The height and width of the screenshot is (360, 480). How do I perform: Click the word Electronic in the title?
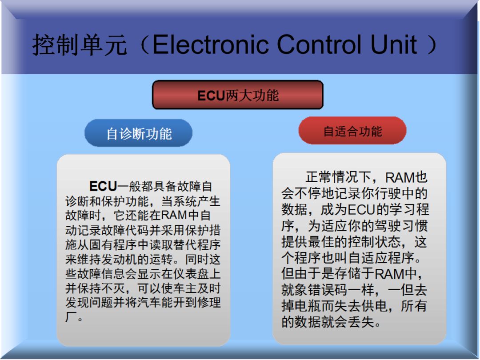point(211,45)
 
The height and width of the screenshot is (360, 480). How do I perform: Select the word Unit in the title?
point(393,45)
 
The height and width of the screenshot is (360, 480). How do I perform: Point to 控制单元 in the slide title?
point(80,45)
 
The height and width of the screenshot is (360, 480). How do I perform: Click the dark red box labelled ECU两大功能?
point(237,95)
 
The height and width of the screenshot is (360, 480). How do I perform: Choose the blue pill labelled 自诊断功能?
point(138,133)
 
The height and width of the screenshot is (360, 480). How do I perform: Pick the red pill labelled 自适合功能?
point(352,131)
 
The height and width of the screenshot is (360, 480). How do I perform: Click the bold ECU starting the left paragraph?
point(103,186)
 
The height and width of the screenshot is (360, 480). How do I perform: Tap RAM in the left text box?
point(174,215)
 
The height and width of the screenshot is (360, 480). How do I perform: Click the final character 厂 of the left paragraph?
point(71,316)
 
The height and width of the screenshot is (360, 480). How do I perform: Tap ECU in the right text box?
point(361,209)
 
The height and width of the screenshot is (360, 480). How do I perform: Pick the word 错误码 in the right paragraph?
point(327,290)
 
